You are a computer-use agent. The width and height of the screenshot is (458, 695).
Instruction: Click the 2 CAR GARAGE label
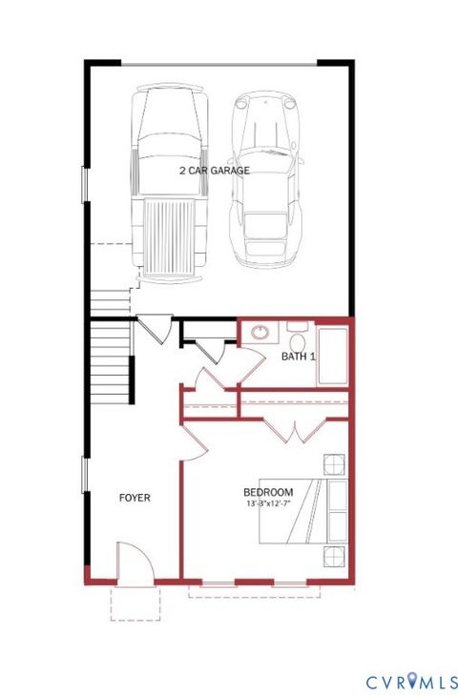[x=214, y=171]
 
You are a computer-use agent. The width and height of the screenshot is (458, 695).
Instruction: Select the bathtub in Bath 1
[x=332, y=357]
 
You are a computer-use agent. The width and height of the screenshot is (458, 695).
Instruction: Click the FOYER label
[x=135, y=498]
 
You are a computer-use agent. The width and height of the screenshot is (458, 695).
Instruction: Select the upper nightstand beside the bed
[x=333, y=465]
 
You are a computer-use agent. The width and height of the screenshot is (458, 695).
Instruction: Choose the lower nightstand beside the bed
[x=333, y=556]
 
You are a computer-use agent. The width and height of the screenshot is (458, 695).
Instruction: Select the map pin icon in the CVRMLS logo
[x=413, y=681]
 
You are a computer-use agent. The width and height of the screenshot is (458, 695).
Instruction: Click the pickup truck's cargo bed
[x=171, y=234]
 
